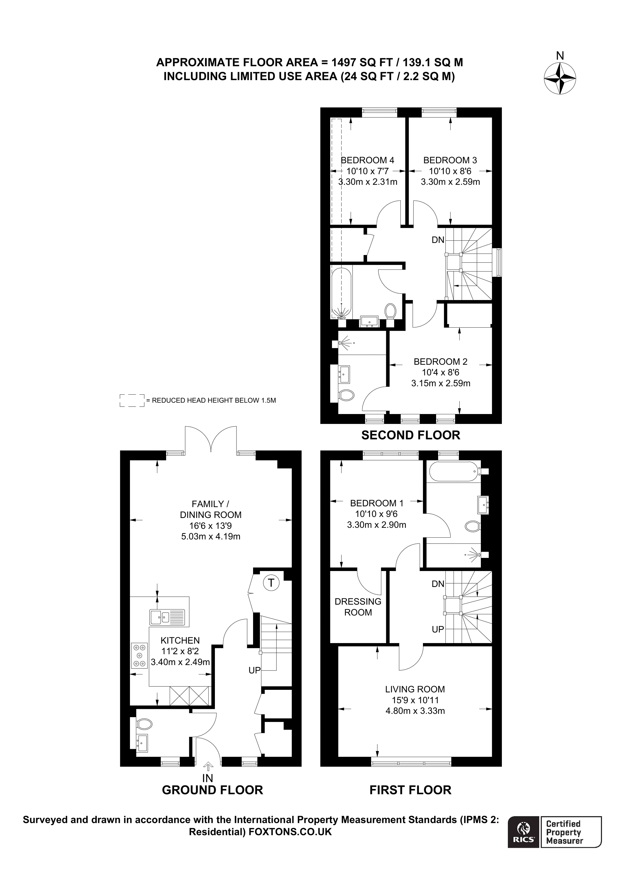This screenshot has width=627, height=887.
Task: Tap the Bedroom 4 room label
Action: [367, 160]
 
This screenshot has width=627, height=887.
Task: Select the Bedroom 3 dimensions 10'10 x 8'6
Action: [450, 171]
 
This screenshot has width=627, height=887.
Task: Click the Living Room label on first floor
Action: [415, 689]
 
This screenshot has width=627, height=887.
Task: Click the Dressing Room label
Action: [358, 607]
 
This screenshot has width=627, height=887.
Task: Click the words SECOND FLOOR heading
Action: [411, 435]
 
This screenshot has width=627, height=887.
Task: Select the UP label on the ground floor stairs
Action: [255, 670]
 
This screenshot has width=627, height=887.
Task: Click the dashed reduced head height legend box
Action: [132, 401]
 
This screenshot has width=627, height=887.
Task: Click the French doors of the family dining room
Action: [211, 439]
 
